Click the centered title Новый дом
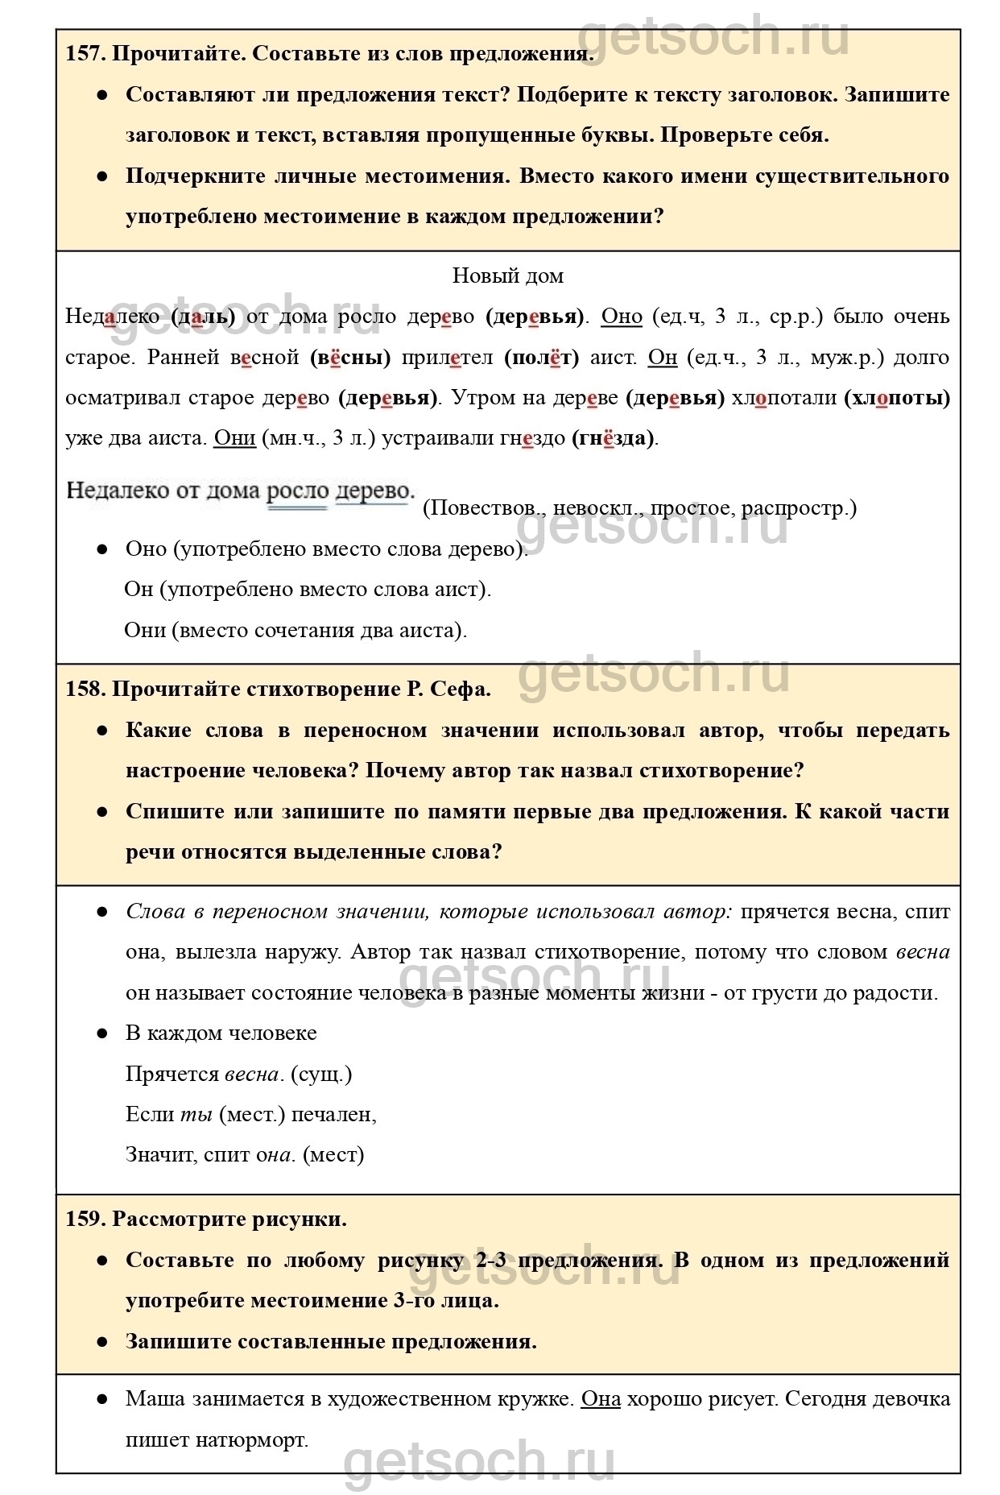[x=507, y=276]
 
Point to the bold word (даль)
[x=203, y=317]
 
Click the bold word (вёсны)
[x=350, y=357]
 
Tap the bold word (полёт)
[x=542, y=357]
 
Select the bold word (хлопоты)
[x=897, y=398]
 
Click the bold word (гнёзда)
[x=614, y=439]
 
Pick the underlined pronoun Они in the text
[x=234, y=438]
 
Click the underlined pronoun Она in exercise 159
[x=601, y=1399]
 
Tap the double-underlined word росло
[x=297, y=491]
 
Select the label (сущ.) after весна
[x=320, y=1074]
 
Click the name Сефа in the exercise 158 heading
[x=461, y=689]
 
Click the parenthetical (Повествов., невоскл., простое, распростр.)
[x=639, y=508]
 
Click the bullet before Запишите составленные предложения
[x=102, y=1342]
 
